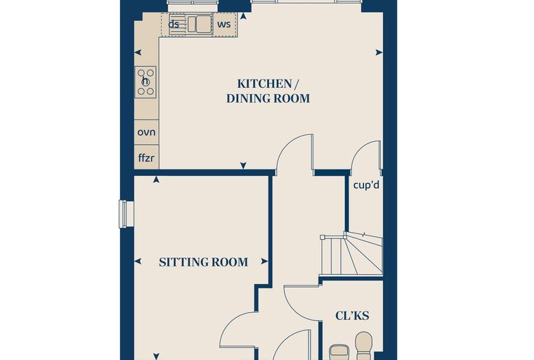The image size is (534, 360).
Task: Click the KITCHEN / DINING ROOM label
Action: (x=268, y=91)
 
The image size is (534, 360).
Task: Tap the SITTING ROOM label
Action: (x=203, y=262)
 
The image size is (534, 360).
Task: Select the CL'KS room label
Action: (x=352, y=316)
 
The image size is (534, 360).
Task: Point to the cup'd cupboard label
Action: (x=366, y=185)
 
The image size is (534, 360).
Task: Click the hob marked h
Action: (x=145, y=82)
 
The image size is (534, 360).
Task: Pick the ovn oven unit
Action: (x=146, y=132)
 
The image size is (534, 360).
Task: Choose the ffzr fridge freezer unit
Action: (x=146, y=157)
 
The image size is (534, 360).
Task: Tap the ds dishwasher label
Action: (x=174, y=25)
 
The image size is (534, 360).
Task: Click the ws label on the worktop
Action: (x=224, y=24)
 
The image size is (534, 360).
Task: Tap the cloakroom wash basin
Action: (x=339, y=353)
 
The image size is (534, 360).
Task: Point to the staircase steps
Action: (x=351, y=254)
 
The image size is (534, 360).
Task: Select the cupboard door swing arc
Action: (x=357, y=150)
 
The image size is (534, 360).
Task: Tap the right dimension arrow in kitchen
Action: (x=379, y=53)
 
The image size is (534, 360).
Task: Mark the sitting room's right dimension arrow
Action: (x=264, y=262)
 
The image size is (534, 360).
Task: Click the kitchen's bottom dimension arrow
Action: (x=243, y=165)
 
